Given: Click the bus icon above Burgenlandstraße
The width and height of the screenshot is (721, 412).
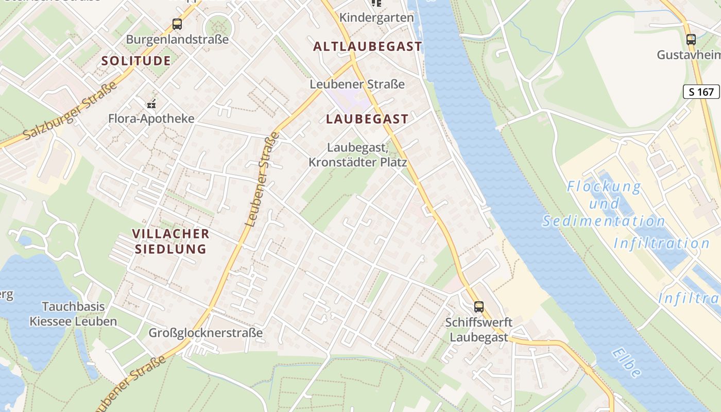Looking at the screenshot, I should click(x=177, y=24).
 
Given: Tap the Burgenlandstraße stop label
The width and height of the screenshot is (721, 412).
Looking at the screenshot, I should click(x=177, y=40).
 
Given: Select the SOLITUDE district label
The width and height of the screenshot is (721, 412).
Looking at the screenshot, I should click(x=136, y=61).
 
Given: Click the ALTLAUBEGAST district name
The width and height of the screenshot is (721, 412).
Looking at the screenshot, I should click(x=368, y=46).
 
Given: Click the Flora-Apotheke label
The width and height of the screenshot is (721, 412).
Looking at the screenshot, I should click(x=151, y=119).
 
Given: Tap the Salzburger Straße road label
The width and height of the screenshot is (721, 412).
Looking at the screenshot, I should click(x=70, y=112).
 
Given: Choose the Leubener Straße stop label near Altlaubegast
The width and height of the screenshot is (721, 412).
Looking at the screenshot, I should click(x=357, y=84).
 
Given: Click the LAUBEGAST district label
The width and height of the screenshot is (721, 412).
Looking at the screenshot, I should click(x=367, y=119).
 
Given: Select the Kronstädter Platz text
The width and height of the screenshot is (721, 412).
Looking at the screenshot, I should click(x=357, y=163).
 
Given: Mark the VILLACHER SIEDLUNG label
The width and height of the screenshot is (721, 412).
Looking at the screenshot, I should click(x=170, y=242).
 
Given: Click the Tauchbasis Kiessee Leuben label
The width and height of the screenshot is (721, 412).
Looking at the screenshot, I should click(x=73, y=314).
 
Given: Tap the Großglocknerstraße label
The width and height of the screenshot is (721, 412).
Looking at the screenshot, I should click(x=205, y=333).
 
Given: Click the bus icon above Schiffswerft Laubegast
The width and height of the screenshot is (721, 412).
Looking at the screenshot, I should click(x=479, y=307).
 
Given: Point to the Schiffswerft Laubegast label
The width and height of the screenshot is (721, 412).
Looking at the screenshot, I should click(x=479, y=330).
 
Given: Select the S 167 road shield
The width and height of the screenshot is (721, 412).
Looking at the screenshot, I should click(x=701, y=92).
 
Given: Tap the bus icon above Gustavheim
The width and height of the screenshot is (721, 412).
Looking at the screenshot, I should click(x=691, y=39).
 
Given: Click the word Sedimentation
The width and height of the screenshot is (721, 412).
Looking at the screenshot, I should click(x=604, y=221).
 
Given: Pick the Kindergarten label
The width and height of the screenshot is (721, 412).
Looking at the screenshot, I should click(x=376, y=18).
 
